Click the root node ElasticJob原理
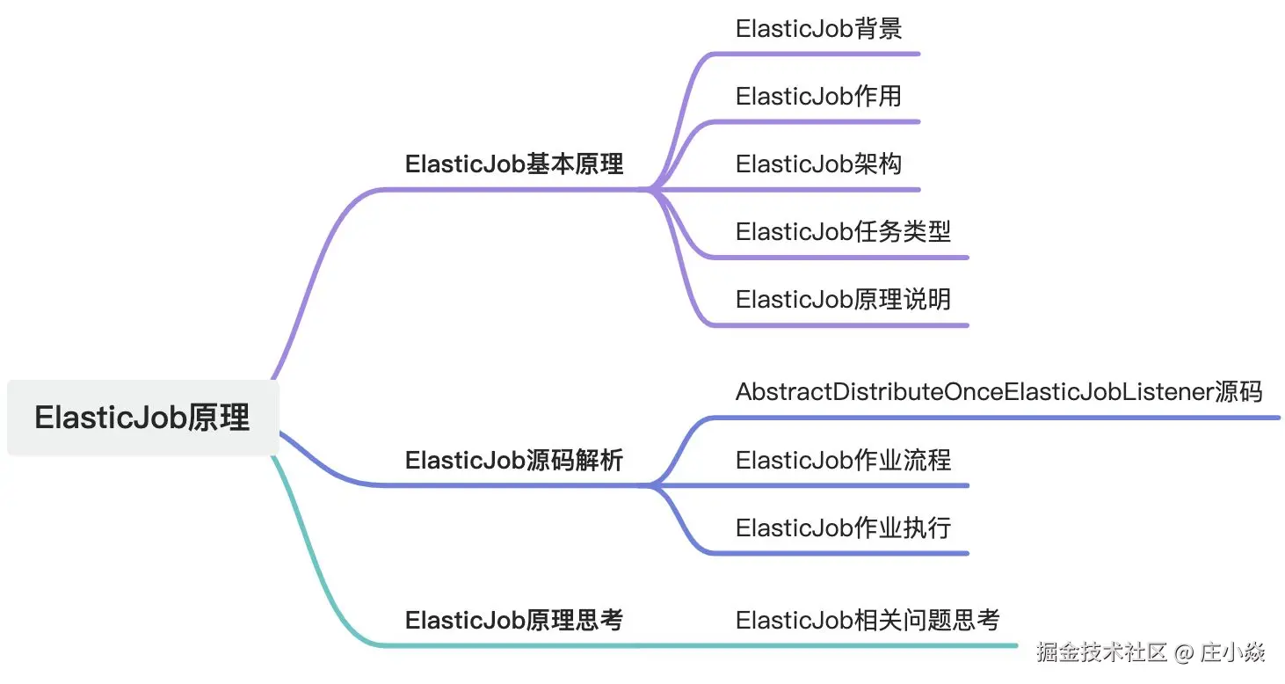[143, 418]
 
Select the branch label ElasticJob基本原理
[514, 164]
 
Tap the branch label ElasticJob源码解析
[514, 460]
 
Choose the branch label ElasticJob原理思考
[514, 621]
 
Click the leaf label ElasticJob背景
[818, 29]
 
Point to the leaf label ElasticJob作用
[818, 97]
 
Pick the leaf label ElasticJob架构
[818, 164]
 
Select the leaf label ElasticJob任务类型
[843, 232]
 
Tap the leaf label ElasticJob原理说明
[843, 300]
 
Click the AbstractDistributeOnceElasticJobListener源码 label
[998, 392]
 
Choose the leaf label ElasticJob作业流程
[843, 460]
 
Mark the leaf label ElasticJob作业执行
[843, 528]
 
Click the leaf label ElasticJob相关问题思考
[868, 621]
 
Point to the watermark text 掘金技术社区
[1102, 652]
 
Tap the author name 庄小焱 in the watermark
[1233, 652]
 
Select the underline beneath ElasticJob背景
[816, 54]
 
